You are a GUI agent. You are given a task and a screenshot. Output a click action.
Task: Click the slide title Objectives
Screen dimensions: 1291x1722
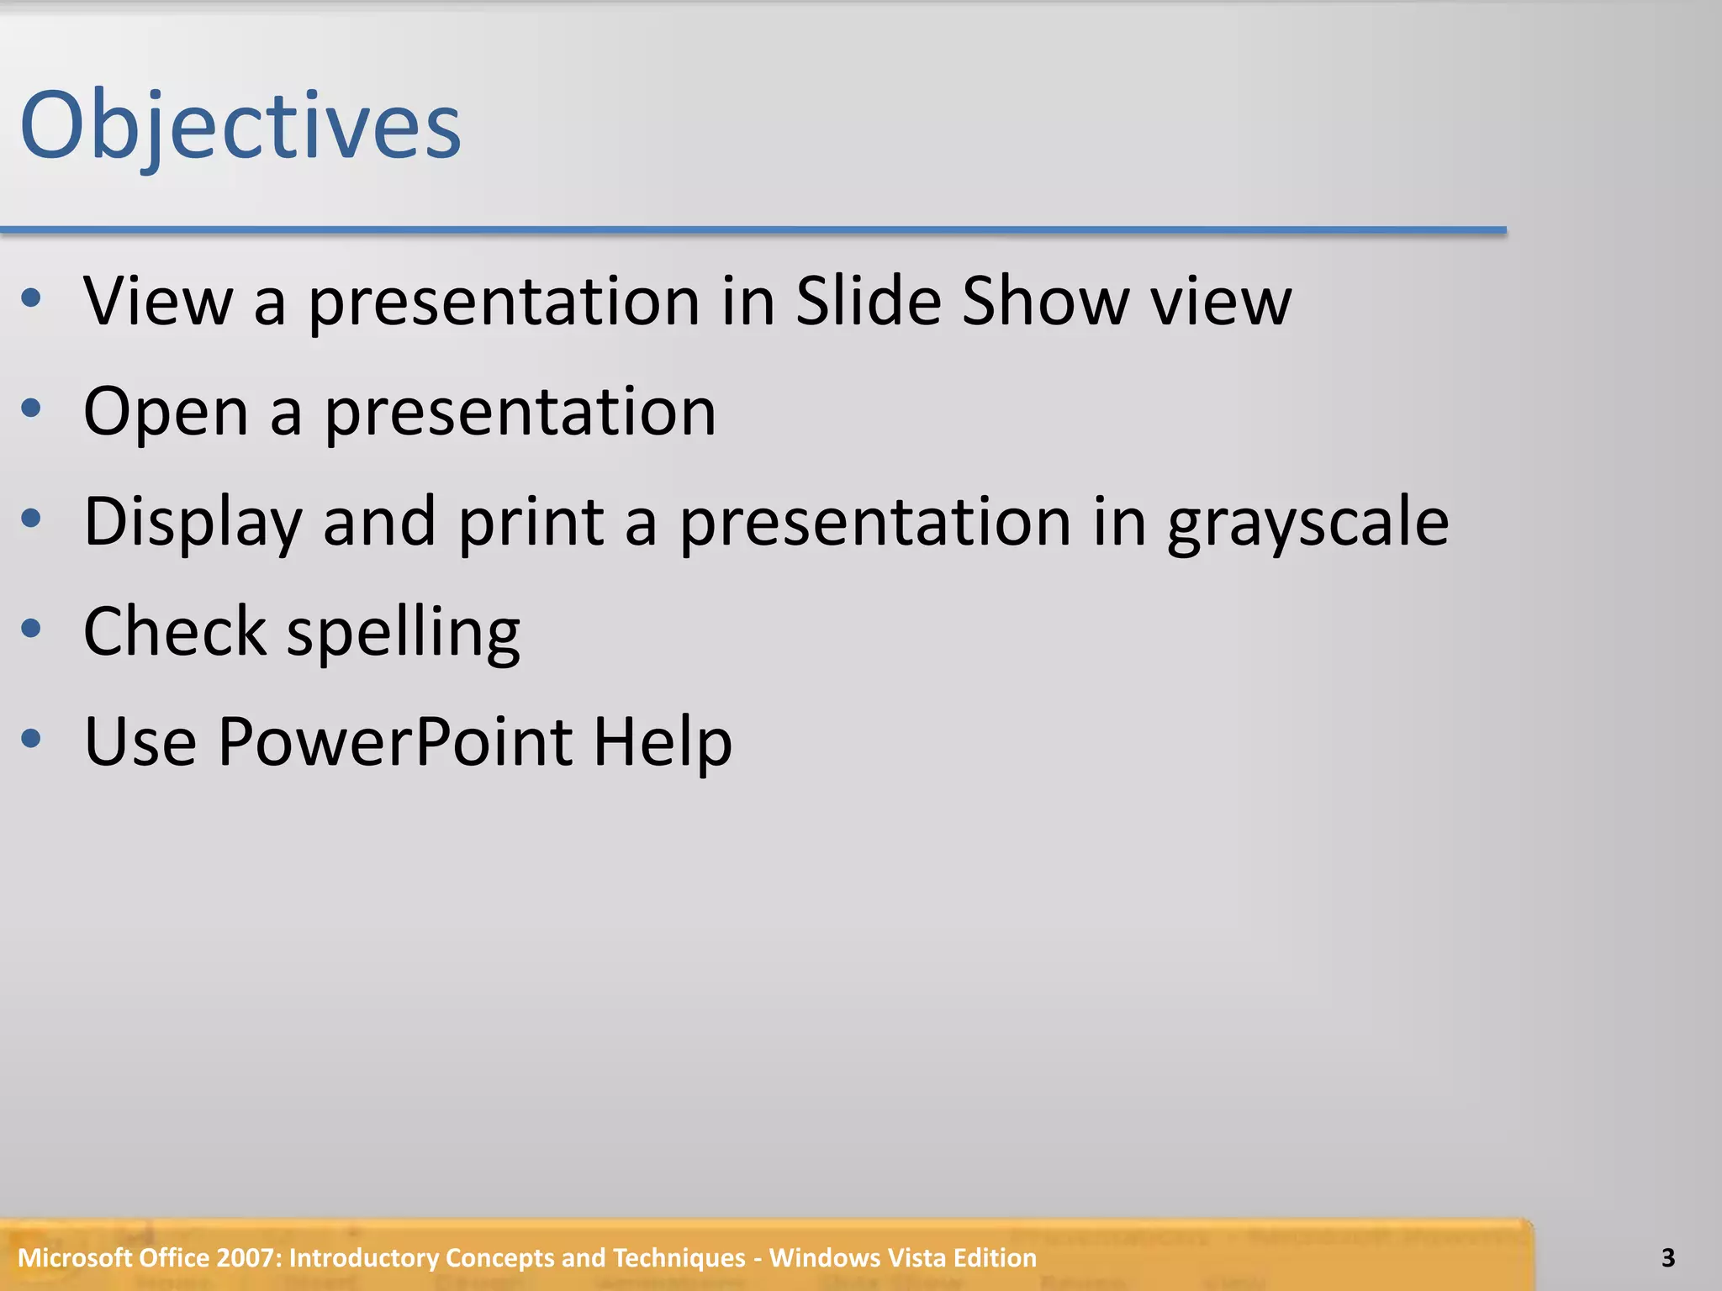(x=240, y=126)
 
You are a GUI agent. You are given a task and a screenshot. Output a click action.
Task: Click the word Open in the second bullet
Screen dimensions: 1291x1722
(x=166, y=412)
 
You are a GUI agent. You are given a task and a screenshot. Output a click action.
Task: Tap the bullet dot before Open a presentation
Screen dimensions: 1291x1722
(x=31, y=408)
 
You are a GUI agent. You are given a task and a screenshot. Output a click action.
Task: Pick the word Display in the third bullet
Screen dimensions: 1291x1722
(x=193, y=523)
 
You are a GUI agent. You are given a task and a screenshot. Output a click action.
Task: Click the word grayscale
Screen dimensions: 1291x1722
(x=1308, y=523)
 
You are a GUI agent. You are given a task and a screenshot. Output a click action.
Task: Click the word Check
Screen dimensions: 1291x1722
(x=174, y=631)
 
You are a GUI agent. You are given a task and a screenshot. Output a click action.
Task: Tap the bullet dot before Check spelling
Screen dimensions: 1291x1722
(x=31, y=628)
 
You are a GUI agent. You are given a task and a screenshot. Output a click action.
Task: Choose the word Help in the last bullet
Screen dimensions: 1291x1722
(x=663, y=741)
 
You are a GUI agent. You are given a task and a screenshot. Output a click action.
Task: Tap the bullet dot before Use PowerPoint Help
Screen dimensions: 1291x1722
(x=31, y=739)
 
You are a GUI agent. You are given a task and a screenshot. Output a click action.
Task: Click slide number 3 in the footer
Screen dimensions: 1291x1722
(x=1668, y=1258)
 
